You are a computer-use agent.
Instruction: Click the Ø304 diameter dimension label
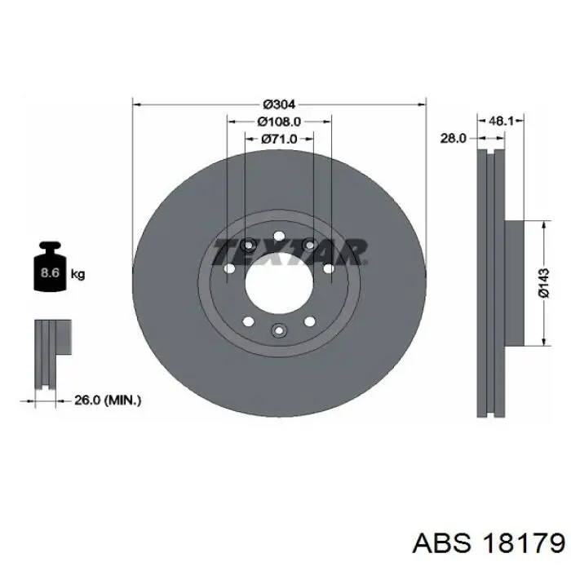[x=279, y=104]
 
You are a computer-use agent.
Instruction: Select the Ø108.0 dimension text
[x=279, y=122]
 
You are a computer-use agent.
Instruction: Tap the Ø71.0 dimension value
[x=279, y=139]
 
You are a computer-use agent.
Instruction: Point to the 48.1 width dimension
[x=501, y=121]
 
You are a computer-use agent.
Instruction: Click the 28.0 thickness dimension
[x=453, y=138]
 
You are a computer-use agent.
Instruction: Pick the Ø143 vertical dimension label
[x=544, y=283]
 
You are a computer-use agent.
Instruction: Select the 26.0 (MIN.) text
[x=108, y=401]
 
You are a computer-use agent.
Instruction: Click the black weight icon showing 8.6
[x=51, y=267]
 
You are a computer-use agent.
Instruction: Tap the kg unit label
[x=77, y=273]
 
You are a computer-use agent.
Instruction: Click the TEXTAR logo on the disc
[x=290, y=251]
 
